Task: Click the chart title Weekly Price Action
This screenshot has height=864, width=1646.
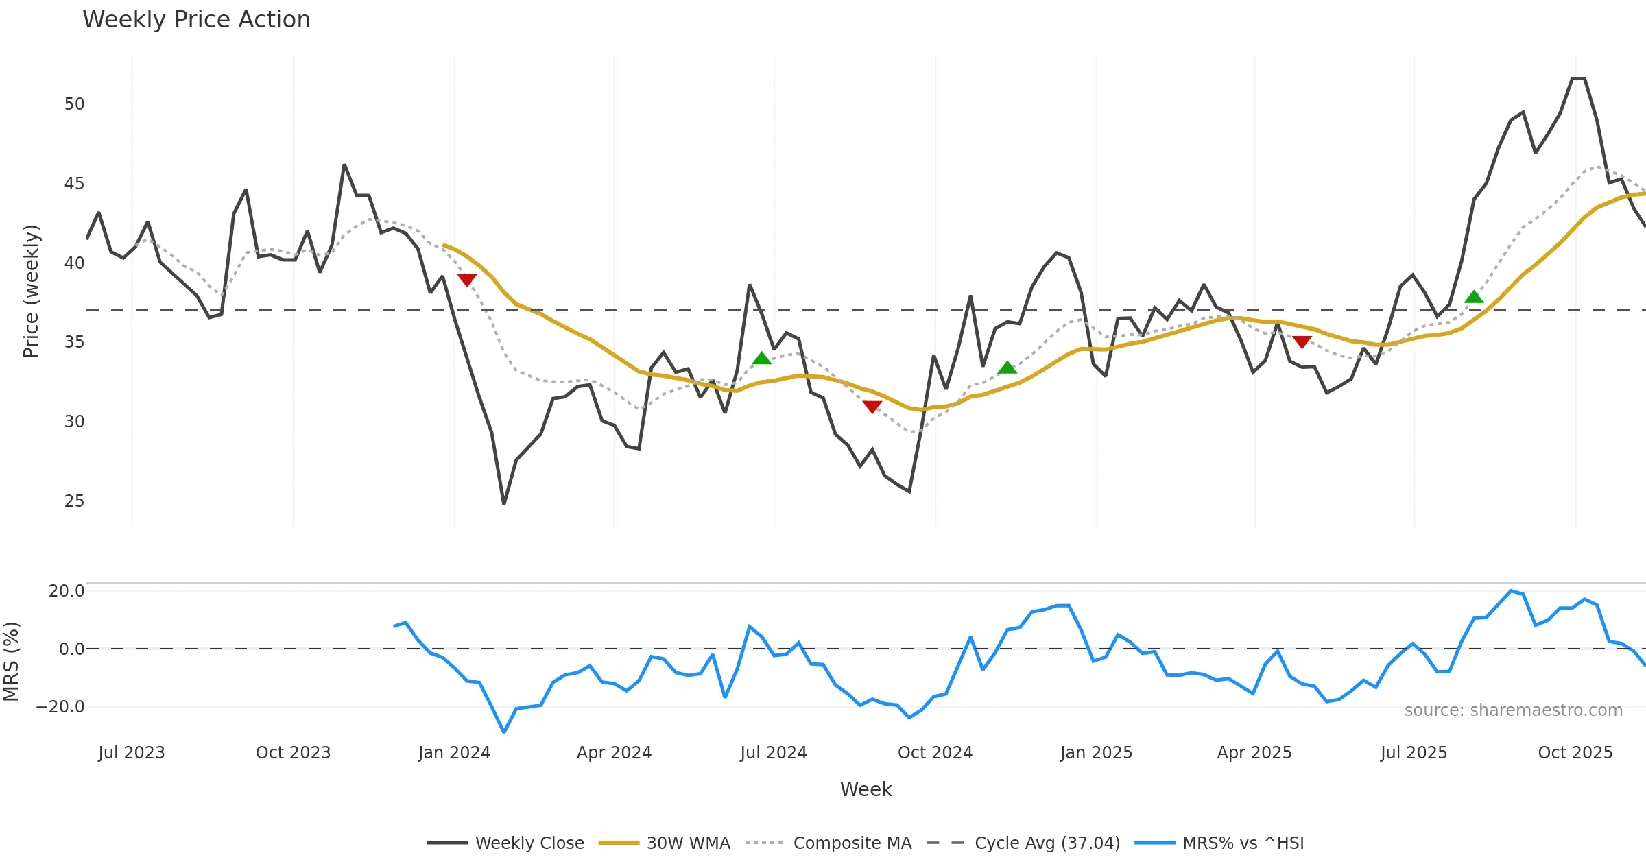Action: (x=196, y=20)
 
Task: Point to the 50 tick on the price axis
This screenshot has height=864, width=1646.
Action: (x=74, y=104)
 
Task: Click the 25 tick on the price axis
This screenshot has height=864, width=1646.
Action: (x=74, y=501)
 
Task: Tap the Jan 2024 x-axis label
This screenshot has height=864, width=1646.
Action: (x=454, y=753)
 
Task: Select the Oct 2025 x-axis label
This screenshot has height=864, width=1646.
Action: (x=1575, y=753)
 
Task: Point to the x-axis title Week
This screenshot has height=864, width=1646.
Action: (x=866, y=790)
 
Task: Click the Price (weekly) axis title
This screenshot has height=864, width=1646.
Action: (x=31, y=291)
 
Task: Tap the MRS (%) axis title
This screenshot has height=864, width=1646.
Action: (x=12, y=662)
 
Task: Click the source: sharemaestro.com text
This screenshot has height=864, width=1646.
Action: (x=1513, y=710)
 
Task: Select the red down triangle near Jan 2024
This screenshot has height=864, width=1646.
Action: (x=467, y=280)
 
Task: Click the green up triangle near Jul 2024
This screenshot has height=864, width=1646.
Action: (x=762, y=358)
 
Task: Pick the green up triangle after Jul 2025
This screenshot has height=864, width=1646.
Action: (x=1474, y=297)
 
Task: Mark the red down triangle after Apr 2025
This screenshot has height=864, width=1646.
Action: (x=1302, y=341)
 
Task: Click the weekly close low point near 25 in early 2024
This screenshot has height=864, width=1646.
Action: (x=504, y=503)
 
